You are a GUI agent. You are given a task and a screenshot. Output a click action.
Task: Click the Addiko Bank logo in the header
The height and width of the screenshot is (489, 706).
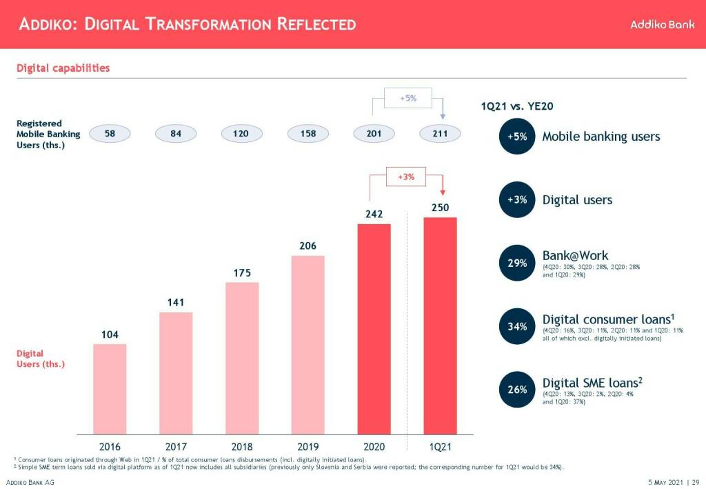pyautogui.click(x=662, y=24)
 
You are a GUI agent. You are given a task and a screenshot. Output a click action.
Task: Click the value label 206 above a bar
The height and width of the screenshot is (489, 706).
pyautogui.click(x=307, y=246)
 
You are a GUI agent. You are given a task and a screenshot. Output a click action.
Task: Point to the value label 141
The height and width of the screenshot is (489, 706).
pyautogui.click(x=176, y=303)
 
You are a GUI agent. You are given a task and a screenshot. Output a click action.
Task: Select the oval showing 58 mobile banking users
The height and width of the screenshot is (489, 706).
pyautogui.click(x=110, y=133)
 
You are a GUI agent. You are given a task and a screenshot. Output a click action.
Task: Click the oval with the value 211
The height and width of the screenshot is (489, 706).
pyautogui.click(x=440, y=133)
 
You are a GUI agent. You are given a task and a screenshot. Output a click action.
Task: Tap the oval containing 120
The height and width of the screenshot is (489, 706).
pyautogui.click(x=241, y=133)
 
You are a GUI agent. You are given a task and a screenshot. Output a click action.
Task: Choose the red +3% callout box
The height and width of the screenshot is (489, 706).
pyautogui.click(x=406, y=177)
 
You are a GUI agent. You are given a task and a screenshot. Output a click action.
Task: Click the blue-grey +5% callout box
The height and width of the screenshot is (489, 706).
pyautogui.click(x=407, y=99)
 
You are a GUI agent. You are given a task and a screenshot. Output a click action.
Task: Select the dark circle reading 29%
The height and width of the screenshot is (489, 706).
pyautogui.click(x=517, y=263)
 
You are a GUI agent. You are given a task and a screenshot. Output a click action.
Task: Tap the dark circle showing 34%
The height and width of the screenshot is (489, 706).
pyautogui.click(x=517, y=327)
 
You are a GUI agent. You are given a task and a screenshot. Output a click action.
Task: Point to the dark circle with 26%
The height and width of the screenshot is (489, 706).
pyautogui.click(x=517, y=390)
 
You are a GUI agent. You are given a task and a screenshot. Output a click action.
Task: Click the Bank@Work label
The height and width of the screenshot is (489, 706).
pyautogui.click(x=575, y=256)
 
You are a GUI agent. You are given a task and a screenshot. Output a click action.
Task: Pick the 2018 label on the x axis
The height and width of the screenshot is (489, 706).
pyautogui.click(x=241, y=447)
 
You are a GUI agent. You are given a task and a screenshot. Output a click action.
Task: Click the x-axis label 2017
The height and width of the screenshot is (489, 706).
pyautogui.click(x=176, y=447)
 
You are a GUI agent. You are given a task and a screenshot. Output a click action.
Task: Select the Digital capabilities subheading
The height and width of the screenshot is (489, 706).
pyautogui.click(x=63, y=68)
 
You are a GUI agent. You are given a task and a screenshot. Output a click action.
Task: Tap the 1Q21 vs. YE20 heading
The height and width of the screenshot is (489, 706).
pyautogui.click(x=517, y=106)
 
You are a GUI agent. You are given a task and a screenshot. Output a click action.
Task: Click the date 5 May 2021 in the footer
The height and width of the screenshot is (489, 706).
pyautogui.click(x=665, y=481)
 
